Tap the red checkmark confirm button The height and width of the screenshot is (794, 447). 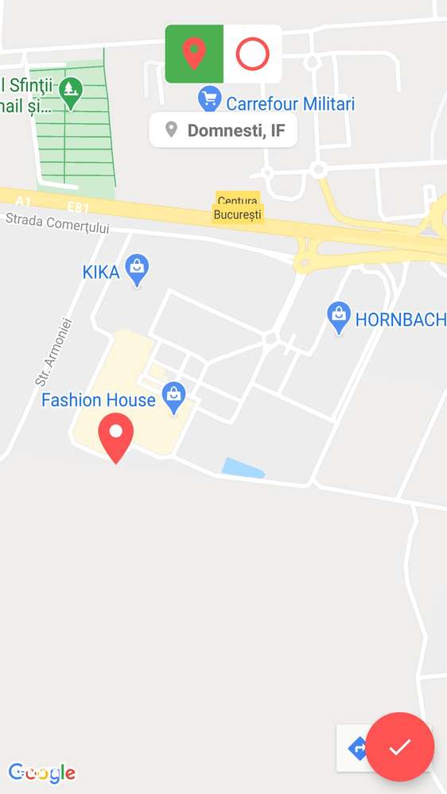coord(400,746)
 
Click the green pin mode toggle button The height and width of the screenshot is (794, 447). coord(194,54)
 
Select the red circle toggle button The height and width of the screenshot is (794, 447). coord(253,54)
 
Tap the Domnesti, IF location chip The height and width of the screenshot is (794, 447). coord(223,130)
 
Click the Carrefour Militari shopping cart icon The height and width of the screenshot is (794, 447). coord(209,99)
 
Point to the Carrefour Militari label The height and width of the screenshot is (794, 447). coord(290,104)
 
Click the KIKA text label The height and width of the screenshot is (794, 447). coord(101,273)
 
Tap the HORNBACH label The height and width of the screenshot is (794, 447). coord(400,320)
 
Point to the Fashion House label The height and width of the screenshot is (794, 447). coord(99,400)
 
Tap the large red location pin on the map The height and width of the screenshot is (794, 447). coord(116,436)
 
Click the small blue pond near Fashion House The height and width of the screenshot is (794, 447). coord(242,469)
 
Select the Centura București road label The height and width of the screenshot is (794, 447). coord(238,207)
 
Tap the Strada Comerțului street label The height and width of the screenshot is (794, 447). coord(57,223)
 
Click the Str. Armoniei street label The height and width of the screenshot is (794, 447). coord(54,352)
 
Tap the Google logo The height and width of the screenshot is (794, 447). coord(41,773)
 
